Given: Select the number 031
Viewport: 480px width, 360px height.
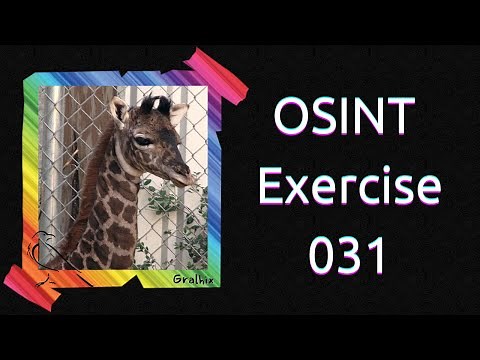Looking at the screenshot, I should point(346,256).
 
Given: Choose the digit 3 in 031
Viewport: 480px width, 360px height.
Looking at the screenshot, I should point(347,256).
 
